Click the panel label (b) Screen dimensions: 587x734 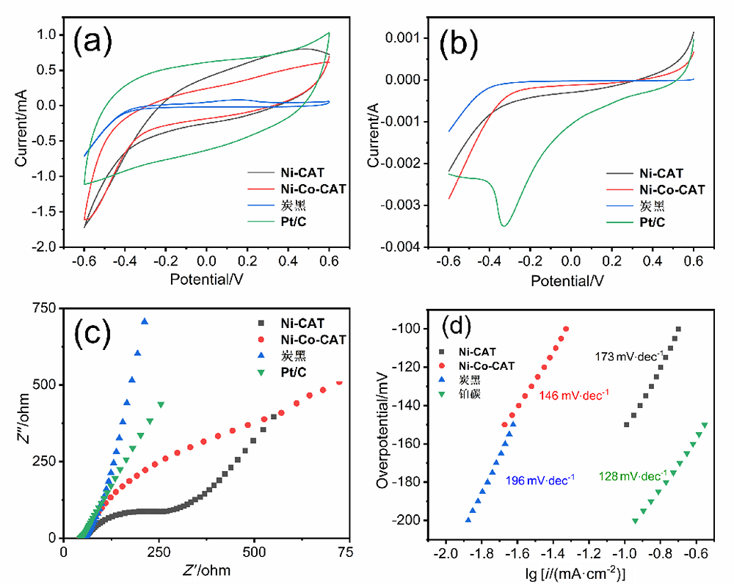pyautogui.click(x=460, y=45)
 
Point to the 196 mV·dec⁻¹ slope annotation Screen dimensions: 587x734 pyautogui.click(x=539, y=480)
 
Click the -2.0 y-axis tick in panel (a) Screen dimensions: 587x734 pyautogui.click(x=47, y=247)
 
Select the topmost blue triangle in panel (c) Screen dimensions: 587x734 pyautogui.click(x=145, y=321)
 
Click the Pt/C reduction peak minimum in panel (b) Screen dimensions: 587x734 pyautogui.click(x=504, y=225)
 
